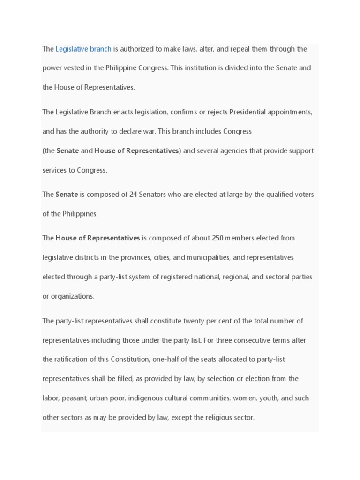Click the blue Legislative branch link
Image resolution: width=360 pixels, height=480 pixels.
(x=83, y=49)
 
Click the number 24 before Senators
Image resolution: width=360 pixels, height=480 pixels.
(x=133, y=195)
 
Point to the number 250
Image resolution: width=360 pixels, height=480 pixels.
(x=217, y=238)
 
